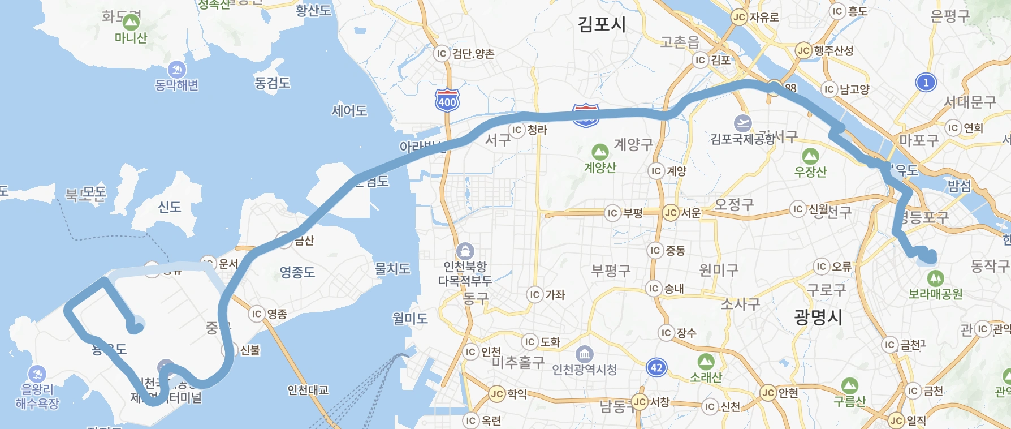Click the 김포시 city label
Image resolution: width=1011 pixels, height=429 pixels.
602,24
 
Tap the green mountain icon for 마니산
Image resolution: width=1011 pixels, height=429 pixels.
131,23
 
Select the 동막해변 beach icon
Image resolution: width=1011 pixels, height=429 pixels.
177,70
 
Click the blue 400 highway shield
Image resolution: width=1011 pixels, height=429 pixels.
447,101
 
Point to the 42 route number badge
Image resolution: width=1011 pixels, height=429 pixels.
656,368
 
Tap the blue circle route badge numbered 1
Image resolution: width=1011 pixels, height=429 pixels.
926,83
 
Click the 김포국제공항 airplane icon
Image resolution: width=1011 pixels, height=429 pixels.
742,123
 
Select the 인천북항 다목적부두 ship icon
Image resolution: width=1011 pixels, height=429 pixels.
465,251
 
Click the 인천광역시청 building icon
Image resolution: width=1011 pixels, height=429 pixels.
584,355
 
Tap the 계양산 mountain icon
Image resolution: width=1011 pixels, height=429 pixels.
600,152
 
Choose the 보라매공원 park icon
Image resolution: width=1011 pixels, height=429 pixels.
935,278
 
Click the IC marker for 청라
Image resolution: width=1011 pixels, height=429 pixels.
517,130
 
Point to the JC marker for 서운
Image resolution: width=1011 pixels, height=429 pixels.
671,213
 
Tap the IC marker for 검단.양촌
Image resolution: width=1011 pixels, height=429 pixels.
442,54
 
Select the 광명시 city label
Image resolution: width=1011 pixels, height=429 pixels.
818,317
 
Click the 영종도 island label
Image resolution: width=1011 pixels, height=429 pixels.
297,272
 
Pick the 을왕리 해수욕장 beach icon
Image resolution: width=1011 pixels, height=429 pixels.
37,374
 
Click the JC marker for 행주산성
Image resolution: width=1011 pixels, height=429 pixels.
803,50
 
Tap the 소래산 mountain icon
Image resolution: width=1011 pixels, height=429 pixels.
706,362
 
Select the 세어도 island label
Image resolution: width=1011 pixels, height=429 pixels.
349,111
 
